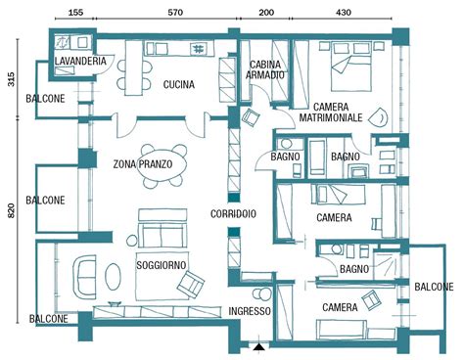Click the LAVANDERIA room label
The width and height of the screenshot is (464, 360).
coord(80,61)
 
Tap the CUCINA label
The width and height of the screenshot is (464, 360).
coord(179,85)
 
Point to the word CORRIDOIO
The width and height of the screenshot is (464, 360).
coord(233,214)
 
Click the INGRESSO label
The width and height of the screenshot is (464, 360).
coord(250,311)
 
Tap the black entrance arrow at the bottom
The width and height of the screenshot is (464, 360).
coord(259,347)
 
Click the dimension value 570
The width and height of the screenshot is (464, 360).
coord(175,13)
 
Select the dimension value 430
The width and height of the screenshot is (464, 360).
coord(344,13)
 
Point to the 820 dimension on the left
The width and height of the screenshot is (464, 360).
coord(11,210)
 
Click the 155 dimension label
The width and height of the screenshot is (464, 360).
coord(75,13)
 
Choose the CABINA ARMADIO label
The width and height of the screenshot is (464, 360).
coord(265,69)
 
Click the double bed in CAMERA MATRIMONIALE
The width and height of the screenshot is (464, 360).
coord(351,67)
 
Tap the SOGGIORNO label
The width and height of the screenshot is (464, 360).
coord(162,265)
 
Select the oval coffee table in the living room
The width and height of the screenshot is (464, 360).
coord(113,276)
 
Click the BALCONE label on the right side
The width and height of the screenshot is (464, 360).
coord(434,287)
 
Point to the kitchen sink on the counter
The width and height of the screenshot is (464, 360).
coord(198,49)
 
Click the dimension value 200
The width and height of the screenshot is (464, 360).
coord(266,13)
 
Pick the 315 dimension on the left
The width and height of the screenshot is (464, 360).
coord(11,79)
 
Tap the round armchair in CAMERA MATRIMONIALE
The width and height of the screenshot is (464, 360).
coord(379,117)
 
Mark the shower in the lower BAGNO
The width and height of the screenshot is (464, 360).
coord(386,265)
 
